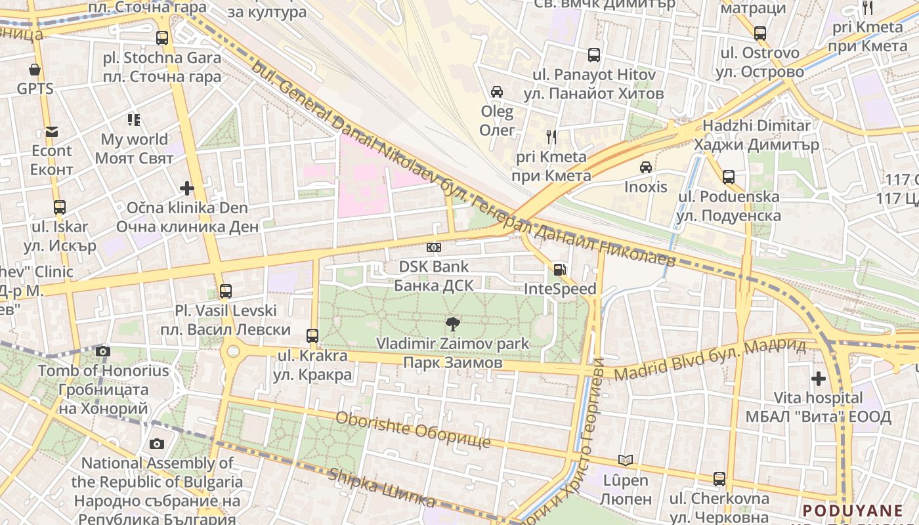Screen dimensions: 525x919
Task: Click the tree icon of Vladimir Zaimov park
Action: [452, 323]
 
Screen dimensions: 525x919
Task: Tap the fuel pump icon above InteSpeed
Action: [559, 269]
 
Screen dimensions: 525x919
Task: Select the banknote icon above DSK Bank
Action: [433, 247]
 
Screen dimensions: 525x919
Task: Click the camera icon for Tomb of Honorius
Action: [102, 351]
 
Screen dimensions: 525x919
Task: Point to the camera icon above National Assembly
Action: [156, 444]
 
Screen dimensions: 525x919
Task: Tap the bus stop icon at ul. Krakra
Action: [312, 336]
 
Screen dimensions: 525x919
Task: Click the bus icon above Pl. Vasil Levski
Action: [225, 291]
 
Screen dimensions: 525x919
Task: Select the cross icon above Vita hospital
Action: [818, 379]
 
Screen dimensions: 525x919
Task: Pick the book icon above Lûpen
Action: [626, 461]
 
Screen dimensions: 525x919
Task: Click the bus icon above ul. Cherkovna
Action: [719, 479]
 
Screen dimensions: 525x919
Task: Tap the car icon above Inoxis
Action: [646, 167]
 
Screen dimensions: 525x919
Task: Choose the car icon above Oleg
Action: [497, 92]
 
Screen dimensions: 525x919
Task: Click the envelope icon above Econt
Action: [52, 132]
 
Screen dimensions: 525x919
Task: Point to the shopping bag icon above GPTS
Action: [35, 69]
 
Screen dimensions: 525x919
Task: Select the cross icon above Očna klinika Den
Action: [187, 189]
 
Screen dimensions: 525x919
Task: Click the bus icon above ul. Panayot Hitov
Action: [594, 55]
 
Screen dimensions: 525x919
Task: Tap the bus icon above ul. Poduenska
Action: [729, 177]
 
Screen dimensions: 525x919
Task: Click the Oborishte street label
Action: [413, 430]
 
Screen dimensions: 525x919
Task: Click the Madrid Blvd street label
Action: [709, 360]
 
